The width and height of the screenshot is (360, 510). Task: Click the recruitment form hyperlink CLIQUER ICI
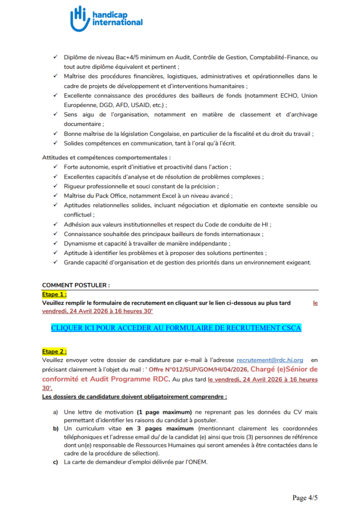pos(176,328)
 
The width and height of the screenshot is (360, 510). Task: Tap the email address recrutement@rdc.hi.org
pos(270,360)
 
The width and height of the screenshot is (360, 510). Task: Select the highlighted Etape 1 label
pos(54,294)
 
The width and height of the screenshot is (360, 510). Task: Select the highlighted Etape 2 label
pos(54,351)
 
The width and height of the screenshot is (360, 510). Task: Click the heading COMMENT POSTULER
pos(76,285)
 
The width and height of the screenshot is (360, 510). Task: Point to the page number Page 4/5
pos(305,498)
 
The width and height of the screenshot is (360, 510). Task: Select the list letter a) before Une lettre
pos(55,412)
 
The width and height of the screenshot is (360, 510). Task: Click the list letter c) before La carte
pos(55,462)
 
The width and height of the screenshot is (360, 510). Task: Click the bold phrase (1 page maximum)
pos(164,412)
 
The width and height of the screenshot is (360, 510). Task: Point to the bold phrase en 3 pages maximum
pos(160,428)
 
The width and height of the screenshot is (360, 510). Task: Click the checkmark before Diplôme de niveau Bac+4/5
pos(55,57)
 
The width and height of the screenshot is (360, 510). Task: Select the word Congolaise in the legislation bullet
pos(160,134)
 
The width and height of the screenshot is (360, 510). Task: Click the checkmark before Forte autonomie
pos(55,167)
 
